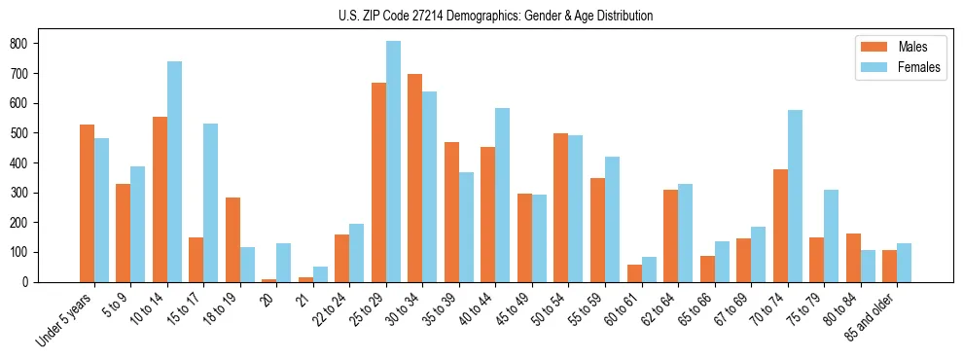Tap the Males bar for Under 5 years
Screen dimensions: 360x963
[x=87, y=203]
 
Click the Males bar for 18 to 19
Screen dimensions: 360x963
[x=232, y=239]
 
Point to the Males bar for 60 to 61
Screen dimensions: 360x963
[x=634, y=273]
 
